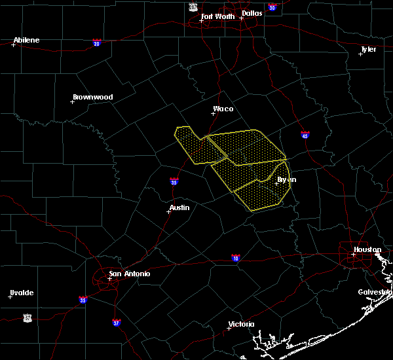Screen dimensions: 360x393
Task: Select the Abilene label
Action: (26, 40)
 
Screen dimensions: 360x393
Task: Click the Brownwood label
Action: (92, 97)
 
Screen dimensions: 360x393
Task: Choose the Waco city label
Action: (223, 109)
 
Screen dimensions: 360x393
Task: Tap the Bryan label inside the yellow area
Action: (286, 179)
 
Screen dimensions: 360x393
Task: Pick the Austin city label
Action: (179, 207)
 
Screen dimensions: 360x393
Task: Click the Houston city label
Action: (367, 249)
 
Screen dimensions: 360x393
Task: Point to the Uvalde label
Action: (22, 293)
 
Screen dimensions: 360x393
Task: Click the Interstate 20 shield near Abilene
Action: (96, 43)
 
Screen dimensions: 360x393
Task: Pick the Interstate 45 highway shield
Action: (305, 135)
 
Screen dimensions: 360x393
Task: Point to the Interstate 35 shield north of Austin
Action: (174, 181)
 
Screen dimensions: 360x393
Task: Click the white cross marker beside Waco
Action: (213, 113)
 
